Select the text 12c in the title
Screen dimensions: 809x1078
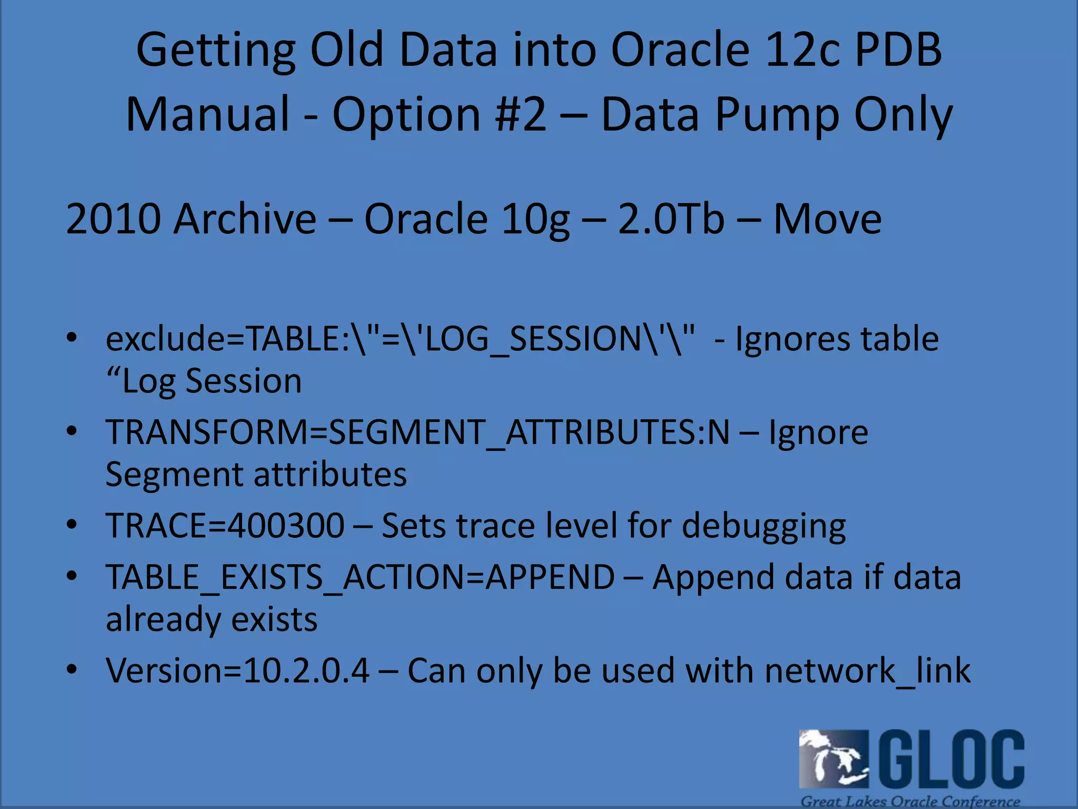[803, 50]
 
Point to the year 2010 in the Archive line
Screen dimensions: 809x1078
[113, 219]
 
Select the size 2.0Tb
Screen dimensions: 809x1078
[671, 219]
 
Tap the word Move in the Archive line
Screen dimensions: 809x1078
[827, 219]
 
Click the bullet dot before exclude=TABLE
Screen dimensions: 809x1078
[72, 338]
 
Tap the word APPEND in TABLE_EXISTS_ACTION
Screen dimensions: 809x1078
[550, 577]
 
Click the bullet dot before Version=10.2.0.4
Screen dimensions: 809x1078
[72, 670]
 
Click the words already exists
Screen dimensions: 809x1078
[212, 619]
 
